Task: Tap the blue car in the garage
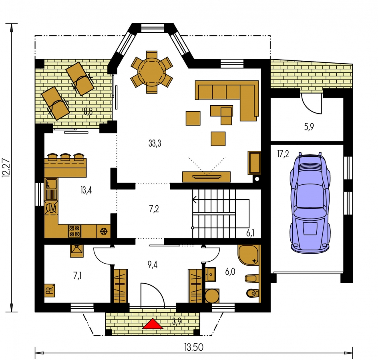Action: click(x=310, y=202)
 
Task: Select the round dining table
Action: click(x=152, y=72)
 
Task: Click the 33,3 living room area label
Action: click(x=155, y=143)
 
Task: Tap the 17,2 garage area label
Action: click(x=283, y=154)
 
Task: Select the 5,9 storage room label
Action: click(x=309, y=127)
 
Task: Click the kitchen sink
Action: click(x=51, y=189)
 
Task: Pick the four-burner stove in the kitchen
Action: click(x=74, y=231)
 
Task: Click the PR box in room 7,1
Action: click(x=49, y=290)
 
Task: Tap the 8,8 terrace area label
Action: click(x=88, y=111)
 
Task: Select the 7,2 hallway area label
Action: click(x=154, y=209)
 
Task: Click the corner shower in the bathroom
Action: click(x=248, y=255)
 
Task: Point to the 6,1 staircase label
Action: click(x=250, y=233)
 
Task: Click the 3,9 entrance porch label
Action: click(x=177, y=321)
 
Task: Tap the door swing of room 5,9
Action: click(x=311, y=104)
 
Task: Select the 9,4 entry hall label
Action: click(x=153, y=265)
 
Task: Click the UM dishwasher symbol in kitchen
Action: click(x=51, y=207)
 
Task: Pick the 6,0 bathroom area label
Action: click(x=230, y=272)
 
